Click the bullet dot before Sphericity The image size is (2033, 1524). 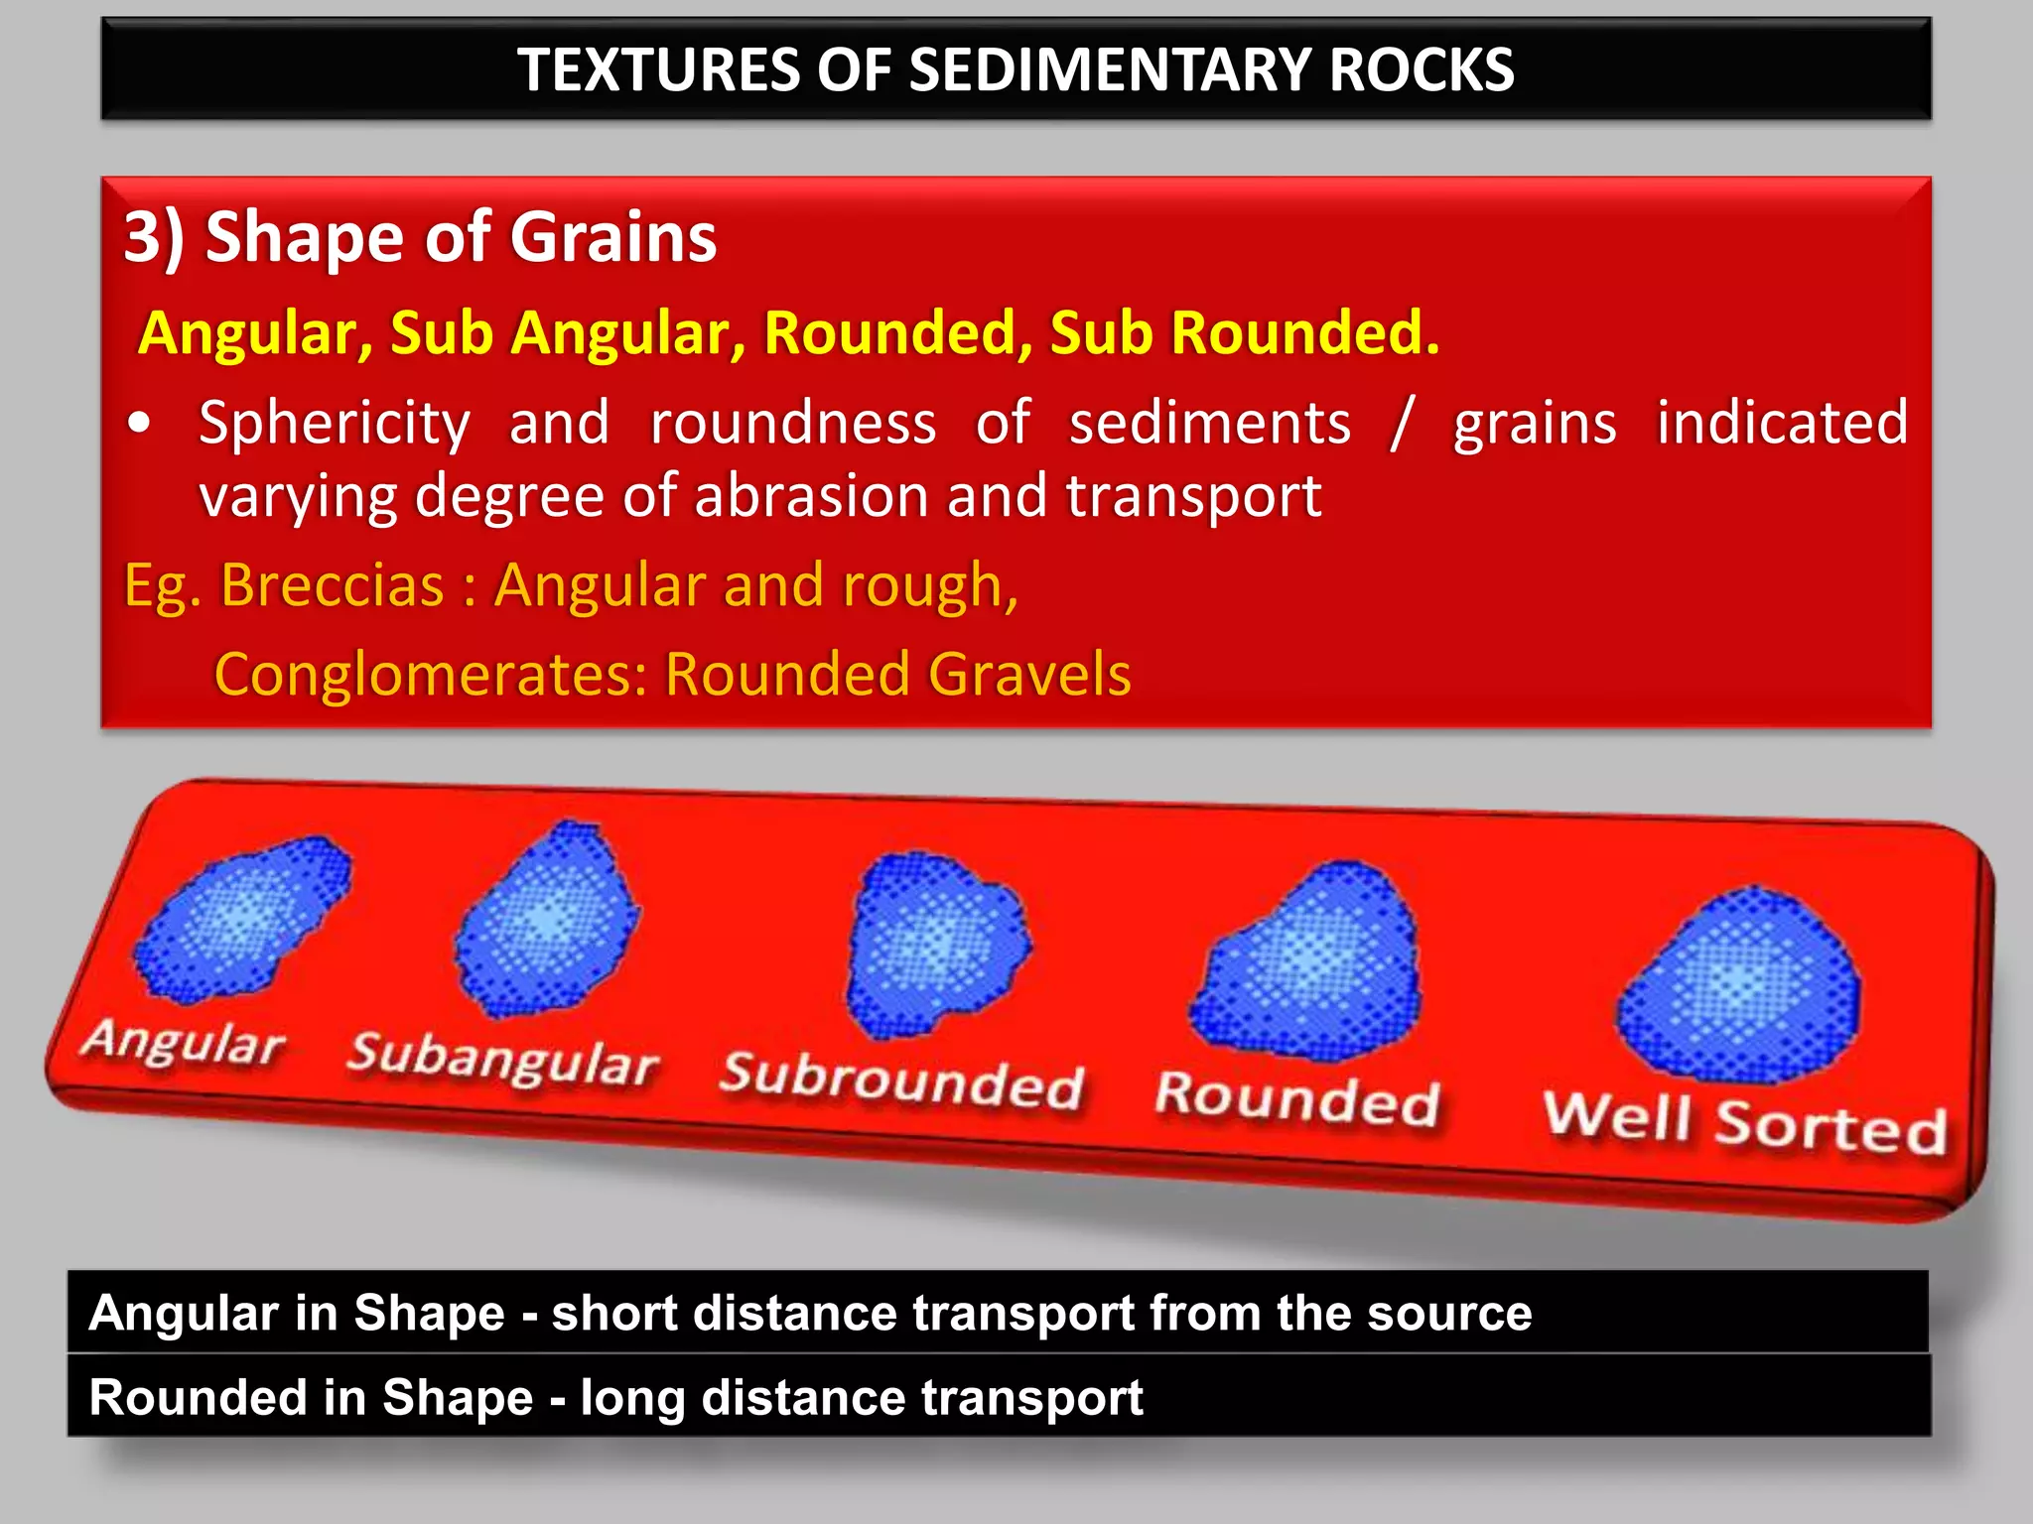coord(140,424)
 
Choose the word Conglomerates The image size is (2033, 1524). coord(430,675)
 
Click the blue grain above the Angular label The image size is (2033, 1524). coord(243,921)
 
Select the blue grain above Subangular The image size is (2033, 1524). coord(547,920)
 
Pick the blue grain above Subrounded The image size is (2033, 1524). coord(935,943)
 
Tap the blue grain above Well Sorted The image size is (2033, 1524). coord(1739,984)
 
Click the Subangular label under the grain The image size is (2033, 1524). coord(502,1060)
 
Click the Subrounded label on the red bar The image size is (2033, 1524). coord(901,1081)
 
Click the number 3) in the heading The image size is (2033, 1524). coord(154,238)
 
